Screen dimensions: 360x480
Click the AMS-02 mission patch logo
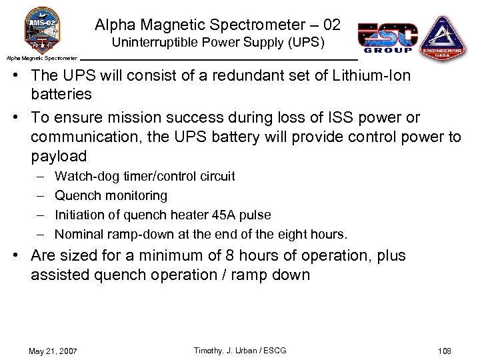(x=42, y=29)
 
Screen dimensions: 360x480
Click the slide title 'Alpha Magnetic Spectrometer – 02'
(x=217, y=25)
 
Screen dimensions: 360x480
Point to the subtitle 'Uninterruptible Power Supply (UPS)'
(x=218, y=44)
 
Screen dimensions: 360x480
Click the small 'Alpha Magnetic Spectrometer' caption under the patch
(x=42, y=58)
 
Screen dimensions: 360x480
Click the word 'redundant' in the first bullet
(x=223, y=75)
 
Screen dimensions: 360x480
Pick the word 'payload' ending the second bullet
(x=59, y=157)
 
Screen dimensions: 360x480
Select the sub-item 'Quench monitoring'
(x=111, y=196)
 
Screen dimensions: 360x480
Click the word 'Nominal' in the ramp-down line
(x=77, y=235)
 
